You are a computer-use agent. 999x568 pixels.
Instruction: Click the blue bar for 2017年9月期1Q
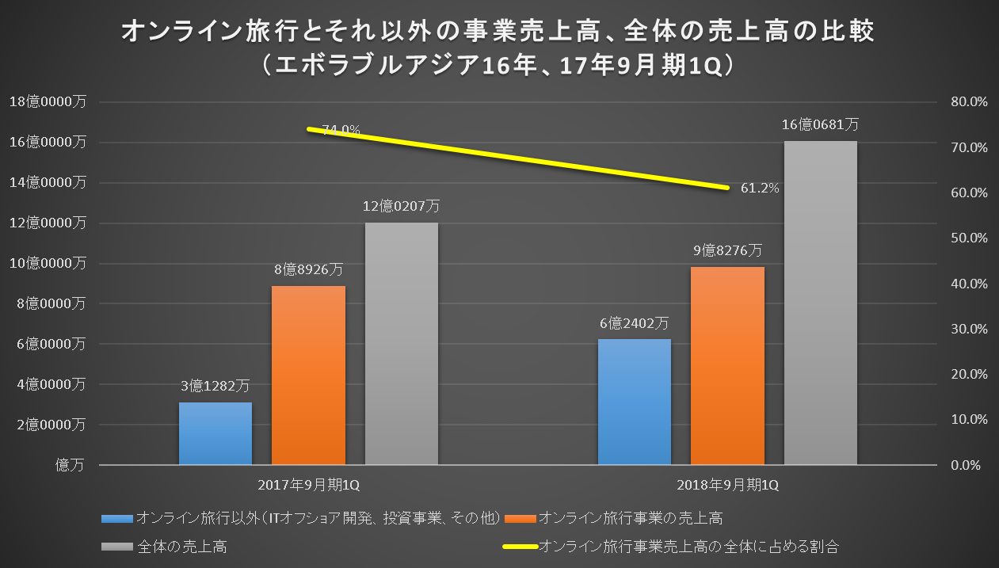click(x=215, y=433)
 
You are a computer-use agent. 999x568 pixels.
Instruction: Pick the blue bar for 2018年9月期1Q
click(x=635, y=402)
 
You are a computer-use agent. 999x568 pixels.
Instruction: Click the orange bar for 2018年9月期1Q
click(x=727, y=365)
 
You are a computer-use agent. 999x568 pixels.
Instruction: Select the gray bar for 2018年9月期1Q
click(x=821, y=303)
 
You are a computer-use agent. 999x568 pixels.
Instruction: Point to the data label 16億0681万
click(x=820, y=124)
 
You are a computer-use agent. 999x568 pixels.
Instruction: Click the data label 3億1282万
click(x=215, y=387)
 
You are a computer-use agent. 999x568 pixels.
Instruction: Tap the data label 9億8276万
click(x=727, y=250)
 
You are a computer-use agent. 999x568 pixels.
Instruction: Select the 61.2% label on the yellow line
click(x=760, y=189)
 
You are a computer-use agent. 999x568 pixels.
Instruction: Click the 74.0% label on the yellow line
click(x=341, y=130)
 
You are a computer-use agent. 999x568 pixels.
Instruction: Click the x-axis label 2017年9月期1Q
click(x=308, y=484)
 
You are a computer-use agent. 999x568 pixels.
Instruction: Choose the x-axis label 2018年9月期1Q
click(x=727, y=484)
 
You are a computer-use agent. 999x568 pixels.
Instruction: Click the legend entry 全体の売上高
click(x=183, y=546)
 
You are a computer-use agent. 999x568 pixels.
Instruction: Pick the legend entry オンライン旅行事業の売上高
click(x=630, y=519)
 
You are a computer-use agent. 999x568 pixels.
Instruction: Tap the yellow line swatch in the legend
click(x=519, y=546)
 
